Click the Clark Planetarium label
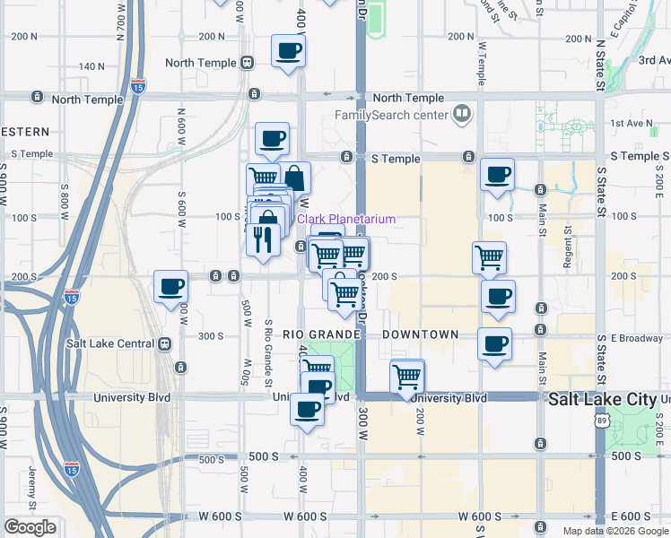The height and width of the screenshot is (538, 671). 345,219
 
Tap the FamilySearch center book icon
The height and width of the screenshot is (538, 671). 462,115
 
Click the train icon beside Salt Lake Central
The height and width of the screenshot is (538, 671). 164,343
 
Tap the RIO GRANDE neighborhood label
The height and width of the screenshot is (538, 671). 321,334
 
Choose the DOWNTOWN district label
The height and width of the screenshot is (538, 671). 420,334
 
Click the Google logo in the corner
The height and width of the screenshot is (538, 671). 30,527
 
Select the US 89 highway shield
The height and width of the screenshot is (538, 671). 600,419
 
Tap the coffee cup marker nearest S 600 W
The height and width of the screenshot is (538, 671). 170,287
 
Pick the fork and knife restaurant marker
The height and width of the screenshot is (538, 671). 262,239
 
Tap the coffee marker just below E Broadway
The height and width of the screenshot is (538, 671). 493,343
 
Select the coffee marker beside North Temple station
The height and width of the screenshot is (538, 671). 288,50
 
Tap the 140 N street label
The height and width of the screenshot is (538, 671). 92,66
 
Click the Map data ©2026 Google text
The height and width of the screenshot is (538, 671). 614,531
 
